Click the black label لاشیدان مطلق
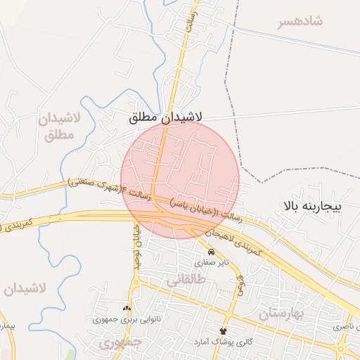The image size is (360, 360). [166, 117]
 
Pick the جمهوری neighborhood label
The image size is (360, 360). [120, 343]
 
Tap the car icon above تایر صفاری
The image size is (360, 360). [212, 251]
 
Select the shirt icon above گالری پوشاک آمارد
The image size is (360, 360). [224, 330]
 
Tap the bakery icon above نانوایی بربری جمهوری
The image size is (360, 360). [127, 308]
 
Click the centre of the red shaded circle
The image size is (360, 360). [180, 179]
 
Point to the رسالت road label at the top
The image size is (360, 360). [188, 19]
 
